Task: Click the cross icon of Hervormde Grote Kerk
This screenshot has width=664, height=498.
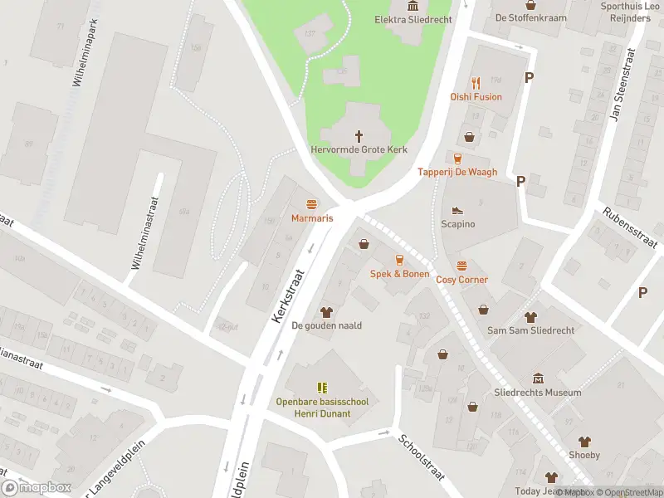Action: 359,135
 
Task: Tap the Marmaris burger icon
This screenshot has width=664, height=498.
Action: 312,204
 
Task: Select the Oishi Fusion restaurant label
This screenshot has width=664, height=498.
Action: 476,96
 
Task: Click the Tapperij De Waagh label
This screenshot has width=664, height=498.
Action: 457,172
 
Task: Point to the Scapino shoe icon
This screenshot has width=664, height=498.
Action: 457,211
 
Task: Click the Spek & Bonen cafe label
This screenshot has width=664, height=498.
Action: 399,274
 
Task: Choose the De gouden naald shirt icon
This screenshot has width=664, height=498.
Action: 325,311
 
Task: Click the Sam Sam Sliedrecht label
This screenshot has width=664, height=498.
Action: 531,330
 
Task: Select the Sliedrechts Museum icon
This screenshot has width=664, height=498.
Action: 537,378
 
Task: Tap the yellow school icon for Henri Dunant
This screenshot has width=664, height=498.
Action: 322,388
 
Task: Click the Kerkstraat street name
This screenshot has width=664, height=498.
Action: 287,295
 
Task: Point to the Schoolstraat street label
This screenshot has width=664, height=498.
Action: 422,457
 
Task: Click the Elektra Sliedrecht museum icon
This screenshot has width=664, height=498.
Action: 413,7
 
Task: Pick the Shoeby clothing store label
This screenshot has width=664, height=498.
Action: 584,455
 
